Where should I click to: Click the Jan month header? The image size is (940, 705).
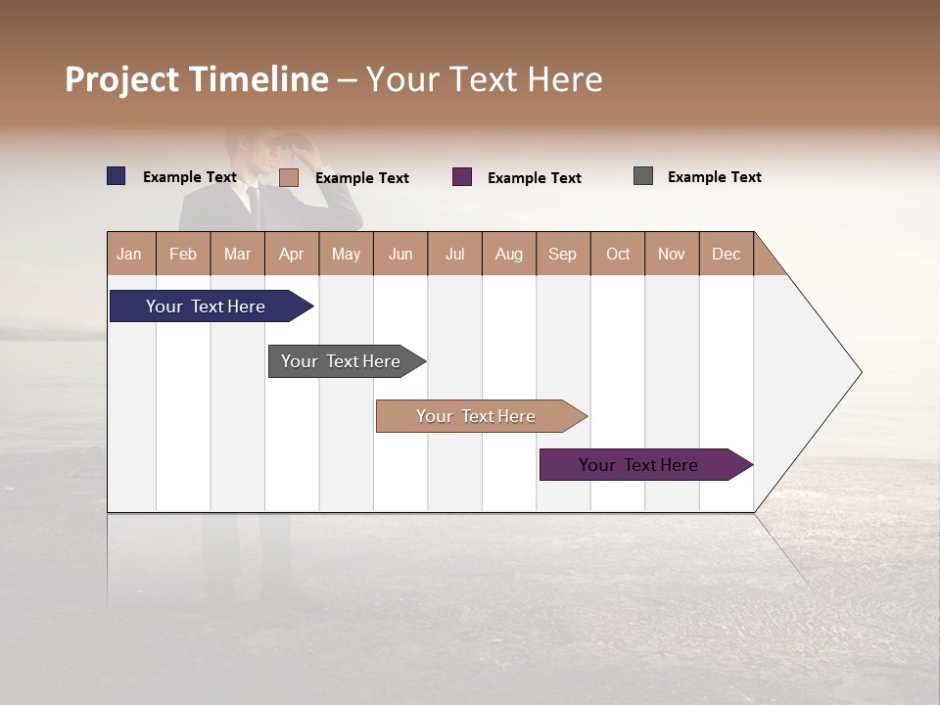129,254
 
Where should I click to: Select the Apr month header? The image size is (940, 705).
291,254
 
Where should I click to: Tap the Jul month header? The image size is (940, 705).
454,254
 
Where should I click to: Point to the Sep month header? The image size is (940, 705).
562,254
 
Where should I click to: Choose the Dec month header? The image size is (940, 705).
726,254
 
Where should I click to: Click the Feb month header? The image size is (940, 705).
183,254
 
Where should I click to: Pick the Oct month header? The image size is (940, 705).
617,254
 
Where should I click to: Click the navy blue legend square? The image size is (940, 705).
117,176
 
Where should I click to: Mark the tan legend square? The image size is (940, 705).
289,177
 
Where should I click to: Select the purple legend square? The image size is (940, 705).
462,177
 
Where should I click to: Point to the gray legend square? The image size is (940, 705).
643,176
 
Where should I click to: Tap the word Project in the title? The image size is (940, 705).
121,80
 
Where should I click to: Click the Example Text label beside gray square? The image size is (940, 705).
714,177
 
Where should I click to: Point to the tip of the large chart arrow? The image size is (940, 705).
859,372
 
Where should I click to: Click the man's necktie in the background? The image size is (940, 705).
252,200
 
